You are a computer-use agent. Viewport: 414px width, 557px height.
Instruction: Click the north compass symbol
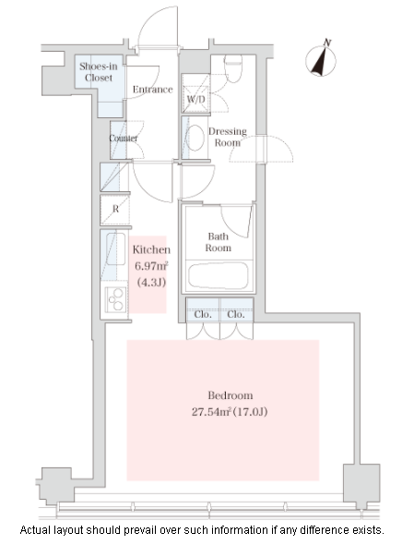(321, 60)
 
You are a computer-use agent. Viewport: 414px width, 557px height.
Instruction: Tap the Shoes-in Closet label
(98, 72)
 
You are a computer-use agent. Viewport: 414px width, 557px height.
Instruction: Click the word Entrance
(153, 90)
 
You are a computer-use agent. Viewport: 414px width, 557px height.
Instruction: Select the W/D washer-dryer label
(196, 99)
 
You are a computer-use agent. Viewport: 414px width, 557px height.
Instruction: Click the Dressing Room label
(228, 137)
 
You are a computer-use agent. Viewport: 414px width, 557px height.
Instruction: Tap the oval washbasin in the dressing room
(195, 138)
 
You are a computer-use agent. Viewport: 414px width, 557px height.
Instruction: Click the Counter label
(124, 139)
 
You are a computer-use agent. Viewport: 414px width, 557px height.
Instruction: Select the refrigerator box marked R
(115, 210)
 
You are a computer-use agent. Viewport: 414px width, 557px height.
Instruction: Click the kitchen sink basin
(115, 248)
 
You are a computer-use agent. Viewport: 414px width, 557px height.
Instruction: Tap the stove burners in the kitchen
(116, 299)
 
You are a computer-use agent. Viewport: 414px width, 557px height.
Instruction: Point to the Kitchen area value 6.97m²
(151, 266)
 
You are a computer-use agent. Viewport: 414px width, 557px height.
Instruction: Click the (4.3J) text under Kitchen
(151, 283)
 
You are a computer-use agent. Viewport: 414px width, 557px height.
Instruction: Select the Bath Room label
(218, 242)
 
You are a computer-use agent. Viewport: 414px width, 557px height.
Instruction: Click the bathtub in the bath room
(218, 275)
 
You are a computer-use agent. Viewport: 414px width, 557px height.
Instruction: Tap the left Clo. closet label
(203, 314)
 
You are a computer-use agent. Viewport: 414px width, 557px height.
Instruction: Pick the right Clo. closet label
(236, 314)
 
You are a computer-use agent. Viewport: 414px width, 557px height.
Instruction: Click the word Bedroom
(230, 395)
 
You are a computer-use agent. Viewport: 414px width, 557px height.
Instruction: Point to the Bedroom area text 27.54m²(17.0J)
(230, 412)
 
